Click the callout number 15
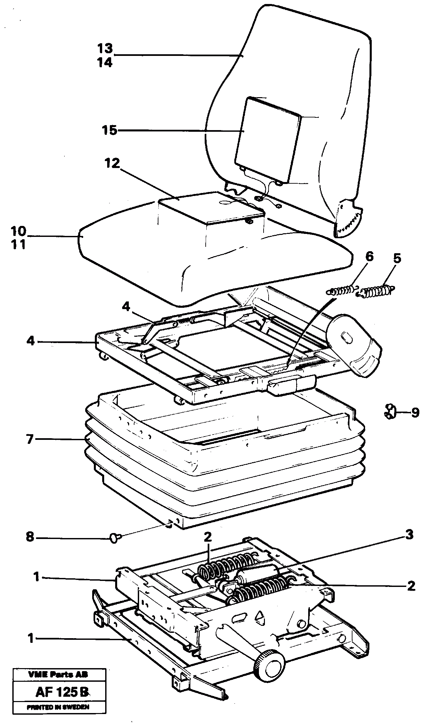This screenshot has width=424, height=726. point(109,130)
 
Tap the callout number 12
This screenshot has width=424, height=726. point(111,164)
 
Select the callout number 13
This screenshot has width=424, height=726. point(105,49)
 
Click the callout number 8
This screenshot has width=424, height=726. point(30,537)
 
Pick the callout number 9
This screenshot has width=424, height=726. point(415,413)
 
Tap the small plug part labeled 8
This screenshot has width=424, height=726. point(114,537)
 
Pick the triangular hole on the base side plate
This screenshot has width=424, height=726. point(260,616)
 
